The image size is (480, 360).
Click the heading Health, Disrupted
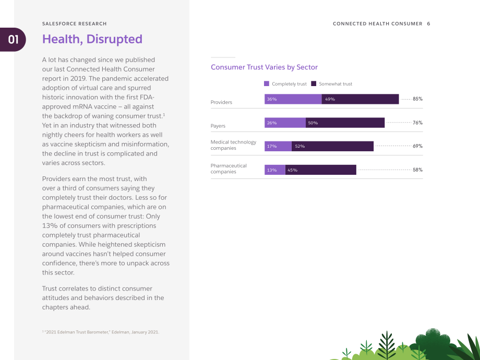tap(92, 39)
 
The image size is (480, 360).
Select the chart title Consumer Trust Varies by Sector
tap(264, 67)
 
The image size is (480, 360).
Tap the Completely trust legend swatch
tap(267, 83)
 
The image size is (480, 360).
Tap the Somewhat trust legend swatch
tap(314, 83)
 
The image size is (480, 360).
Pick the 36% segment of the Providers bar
tap(293, 99)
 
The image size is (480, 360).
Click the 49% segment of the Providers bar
tap(361, 99)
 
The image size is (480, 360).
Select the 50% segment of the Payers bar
tap(345, 123)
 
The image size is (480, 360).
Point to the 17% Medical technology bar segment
tap(278, 146)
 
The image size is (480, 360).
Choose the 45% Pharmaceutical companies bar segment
tap(320, 170)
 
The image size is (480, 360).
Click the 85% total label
tap(417, 99)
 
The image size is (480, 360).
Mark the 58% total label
tap(417, 170)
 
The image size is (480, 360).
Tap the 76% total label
tap(417, 123)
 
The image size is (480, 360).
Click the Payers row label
tap(218, 126)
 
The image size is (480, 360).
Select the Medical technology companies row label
tap(233, 145)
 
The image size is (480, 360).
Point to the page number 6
tap(428, 23)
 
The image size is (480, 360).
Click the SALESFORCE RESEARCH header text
tap(75, 23)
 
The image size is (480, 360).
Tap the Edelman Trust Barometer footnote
tap(101, 332)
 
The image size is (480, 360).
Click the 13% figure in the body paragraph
tap(49, 225)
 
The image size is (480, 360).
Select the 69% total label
tap(417, 146)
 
